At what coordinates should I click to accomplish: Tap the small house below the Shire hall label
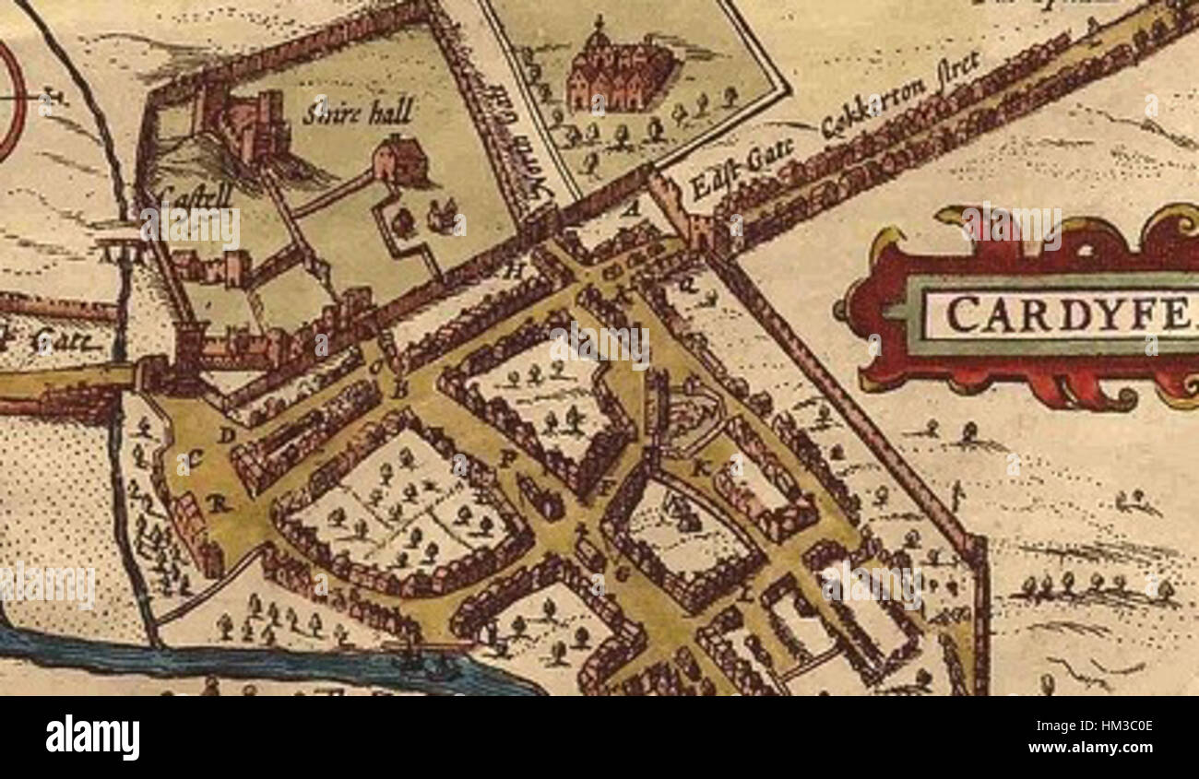click(x=401, y=159)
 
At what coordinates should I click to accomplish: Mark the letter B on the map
click(x=399, y=391)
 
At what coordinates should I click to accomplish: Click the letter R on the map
click(x=218, y=503)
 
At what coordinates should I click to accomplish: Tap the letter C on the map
click(x=196, y=457)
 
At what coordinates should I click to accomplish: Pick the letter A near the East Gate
click(x=633, y=209)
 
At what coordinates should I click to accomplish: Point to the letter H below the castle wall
click(x=515, y=270)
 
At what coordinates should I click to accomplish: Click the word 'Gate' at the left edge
click(x=65, y=342)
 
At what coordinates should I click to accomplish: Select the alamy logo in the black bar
click(x=92, y=738)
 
